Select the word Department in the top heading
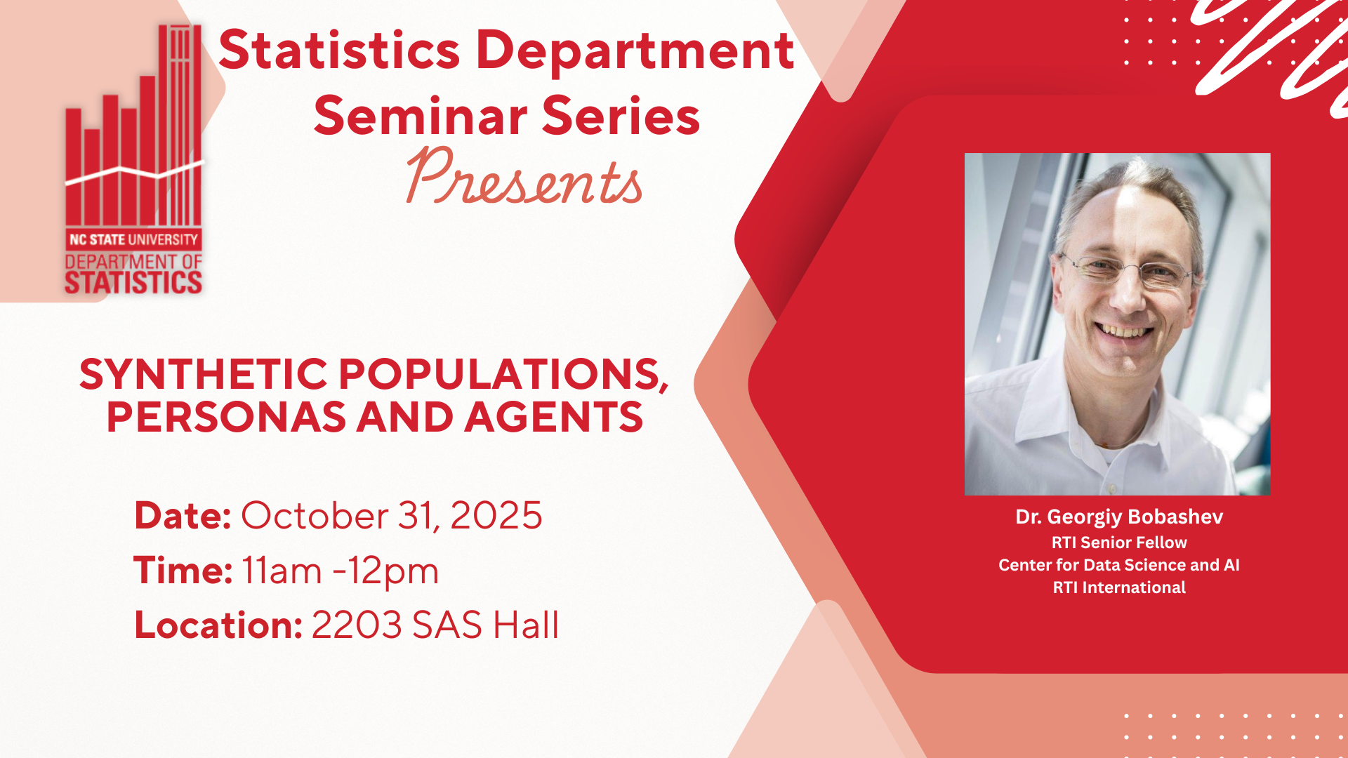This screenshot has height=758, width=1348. [635, 51]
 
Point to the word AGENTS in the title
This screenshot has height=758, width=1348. [553, 417]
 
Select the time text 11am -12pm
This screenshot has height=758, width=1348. [341, 571]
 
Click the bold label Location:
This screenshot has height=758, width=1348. [218, 625]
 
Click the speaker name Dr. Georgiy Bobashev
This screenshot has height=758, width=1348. [1119, 517]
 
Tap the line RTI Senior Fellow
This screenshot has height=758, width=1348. [1119, 543]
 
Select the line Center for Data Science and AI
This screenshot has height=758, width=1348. [1119, 565]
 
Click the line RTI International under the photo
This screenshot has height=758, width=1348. [1119, 587]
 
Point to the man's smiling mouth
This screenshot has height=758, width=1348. [1123, 329]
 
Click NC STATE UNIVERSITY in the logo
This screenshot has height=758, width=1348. [133, 239]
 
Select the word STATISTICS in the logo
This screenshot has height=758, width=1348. [133, 283]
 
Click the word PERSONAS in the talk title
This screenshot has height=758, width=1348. [226, 417]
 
